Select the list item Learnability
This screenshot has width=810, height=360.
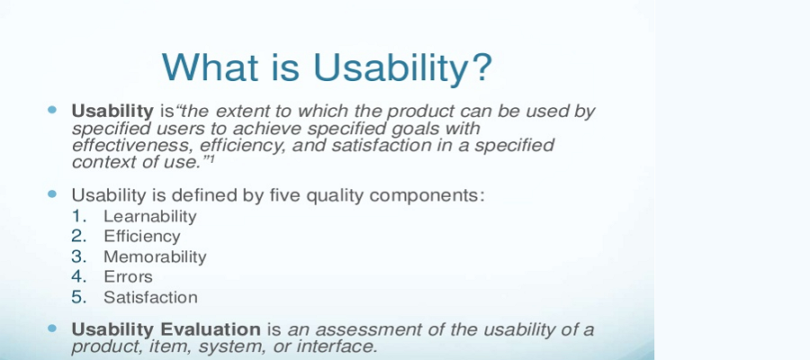click(x=149, y=216)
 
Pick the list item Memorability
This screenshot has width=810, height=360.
click(x=155, y=256)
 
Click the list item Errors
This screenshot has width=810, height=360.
click(x=128, y=276)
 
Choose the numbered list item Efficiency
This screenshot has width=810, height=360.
click(x=141, y=236)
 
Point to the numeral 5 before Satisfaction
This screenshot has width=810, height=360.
click(x=79, y=296)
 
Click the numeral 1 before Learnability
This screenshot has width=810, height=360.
click(x=79, y=216)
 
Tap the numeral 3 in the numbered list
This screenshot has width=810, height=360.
click(x=79, y=256)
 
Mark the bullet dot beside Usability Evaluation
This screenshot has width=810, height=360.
click(x=52, y=329)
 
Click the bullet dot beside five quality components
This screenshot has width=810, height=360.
click(x=52, y=193)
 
